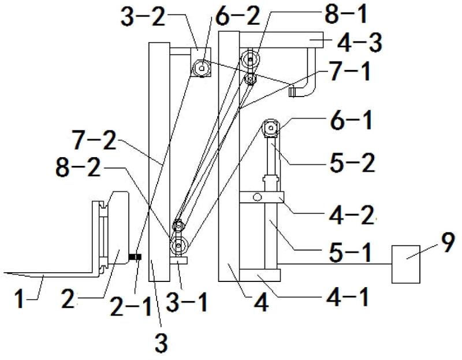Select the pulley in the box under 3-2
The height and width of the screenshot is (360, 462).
(x=200, y=68)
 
